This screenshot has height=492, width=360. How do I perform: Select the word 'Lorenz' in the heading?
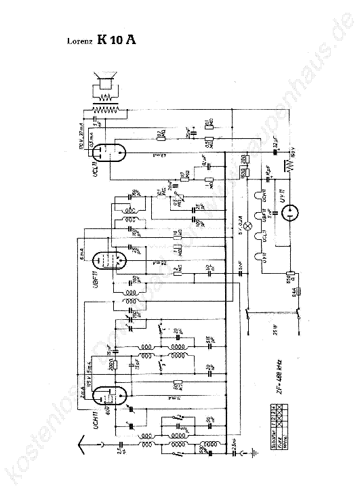tap(77, 41)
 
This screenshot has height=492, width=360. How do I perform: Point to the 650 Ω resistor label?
tap(288, 277)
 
